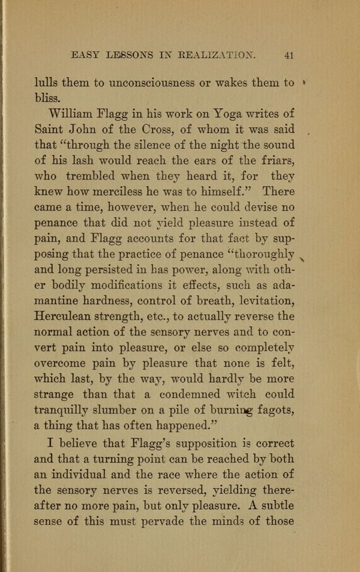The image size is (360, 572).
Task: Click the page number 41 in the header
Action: (x=289, y=55)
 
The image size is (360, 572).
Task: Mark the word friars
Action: (x=276, y=160)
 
